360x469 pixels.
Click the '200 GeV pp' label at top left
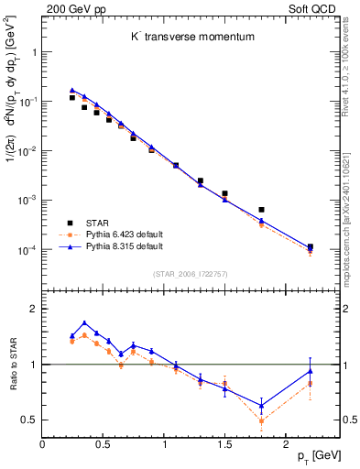[x=72, y=7]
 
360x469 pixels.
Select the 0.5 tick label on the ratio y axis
[x=30, y=420]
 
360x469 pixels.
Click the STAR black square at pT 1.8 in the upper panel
[x=261, y=210]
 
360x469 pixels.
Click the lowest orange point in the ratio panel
[x=261, y=421]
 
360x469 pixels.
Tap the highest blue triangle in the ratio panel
[x=84, y=322]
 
